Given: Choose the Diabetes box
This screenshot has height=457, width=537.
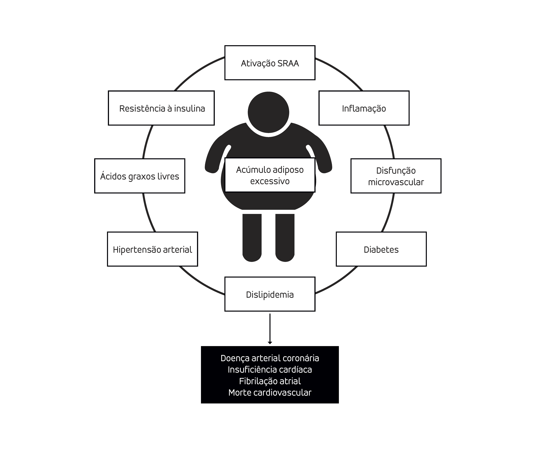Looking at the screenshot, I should tap(381, 249).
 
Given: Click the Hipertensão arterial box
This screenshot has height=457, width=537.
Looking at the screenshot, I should tap(152, 249).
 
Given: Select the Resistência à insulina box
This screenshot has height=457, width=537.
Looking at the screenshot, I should tap(161, 108).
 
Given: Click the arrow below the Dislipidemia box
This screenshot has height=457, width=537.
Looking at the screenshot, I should tap(270, 329).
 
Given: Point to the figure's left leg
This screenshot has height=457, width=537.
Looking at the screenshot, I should tap(252, 237).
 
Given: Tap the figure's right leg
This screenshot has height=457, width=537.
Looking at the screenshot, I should tap(285, 237).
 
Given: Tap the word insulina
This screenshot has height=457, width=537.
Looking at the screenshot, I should tap(189, 108).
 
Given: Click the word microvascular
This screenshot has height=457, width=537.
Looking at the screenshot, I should tap(396, 182).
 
